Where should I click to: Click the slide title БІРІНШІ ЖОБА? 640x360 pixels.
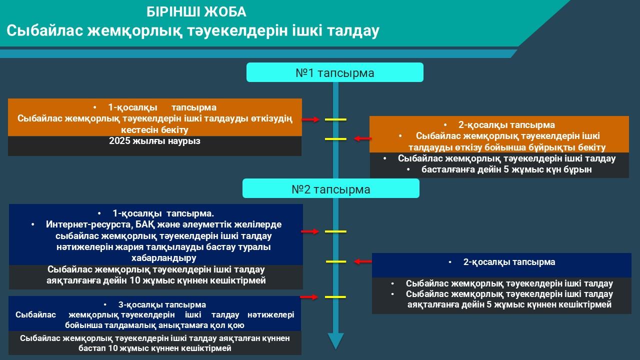(x=196, y=12)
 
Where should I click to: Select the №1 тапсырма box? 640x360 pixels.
(x=334, y=72)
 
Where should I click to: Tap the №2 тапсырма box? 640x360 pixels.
(x=330, y=189)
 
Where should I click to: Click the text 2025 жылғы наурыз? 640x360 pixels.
(x=154, y=141)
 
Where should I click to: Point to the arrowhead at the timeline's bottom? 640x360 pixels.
(x=335, y=341)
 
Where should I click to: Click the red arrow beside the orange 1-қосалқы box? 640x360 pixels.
(x=310, y=119)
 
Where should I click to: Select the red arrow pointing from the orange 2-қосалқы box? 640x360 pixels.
(x=362, y=138)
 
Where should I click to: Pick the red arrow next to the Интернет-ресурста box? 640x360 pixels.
(x=310, y=231)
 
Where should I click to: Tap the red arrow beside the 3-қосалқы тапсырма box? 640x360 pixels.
(x=309, y=297)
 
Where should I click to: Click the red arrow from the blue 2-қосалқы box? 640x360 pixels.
(x=362, y=261)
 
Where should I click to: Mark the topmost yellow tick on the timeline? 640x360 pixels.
(x=335, y=120)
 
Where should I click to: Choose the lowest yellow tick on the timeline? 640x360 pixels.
(x=335, y=297)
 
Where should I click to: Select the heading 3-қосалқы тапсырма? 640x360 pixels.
(x=162, y=304)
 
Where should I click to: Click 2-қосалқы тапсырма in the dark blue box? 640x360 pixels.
(x=509, y=262)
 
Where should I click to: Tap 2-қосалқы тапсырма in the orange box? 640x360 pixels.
(x=506, y=125)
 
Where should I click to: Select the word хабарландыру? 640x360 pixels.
(x=163, y=258)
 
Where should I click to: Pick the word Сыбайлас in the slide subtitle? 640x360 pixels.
(x=45, y=31)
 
